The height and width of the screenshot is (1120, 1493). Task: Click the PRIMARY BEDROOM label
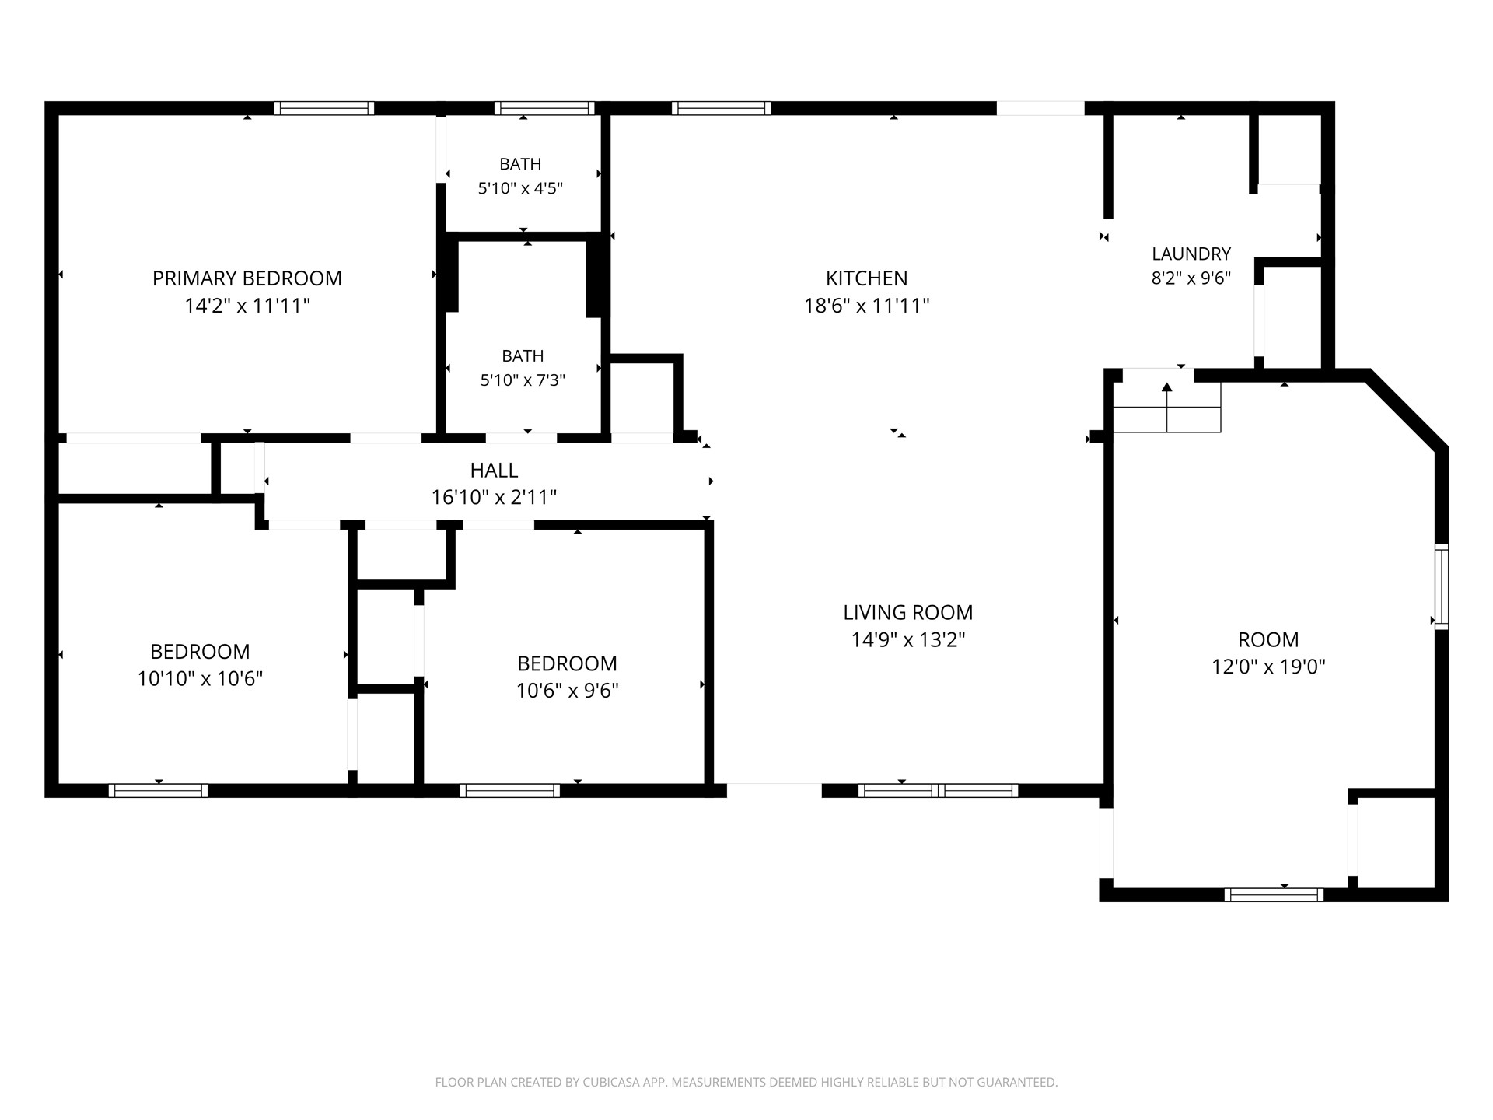tap(247, 278)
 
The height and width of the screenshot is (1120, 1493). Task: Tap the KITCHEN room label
tap(867, 278)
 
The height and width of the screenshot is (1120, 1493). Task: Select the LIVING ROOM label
tap(908, 613)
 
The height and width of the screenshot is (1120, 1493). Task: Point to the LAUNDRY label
tap(1191, 254)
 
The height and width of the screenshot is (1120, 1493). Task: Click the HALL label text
tap(494, 471)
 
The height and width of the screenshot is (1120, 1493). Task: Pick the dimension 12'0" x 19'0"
tap(1268, 667)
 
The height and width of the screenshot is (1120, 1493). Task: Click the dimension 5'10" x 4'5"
tap(520, 188)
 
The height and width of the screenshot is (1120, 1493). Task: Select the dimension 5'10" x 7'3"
tap(523, 380)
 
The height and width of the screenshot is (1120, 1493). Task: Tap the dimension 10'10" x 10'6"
tap(200, 679)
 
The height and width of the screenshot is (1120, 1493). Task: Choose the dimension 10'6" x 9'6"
tap(568, 691)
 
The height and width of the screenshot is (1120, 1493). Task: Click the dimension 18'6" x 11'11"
tap(867, 306)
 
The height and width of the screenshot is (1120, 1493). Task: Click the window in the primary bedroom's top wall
tap(323, 108)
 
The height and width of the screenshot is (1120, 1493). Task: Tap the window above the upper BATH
tap(544, 108)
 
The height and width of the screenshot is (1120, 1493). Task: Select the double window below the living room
tap(939, 791)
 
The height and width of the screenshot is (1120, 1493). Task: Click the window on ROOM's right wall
tap(1442, 586)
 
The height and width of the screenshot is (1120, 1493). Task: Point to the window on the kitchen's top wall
tap(722, 108)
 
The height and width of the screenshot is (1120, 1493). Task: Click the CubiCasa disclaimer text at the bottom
tap(746, 1082)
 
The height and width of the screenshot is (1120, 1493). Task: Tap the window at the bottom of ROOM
tap(1274, 895)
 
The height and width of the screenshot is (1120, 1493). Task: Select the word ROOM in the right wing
tap(1268, 640)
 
